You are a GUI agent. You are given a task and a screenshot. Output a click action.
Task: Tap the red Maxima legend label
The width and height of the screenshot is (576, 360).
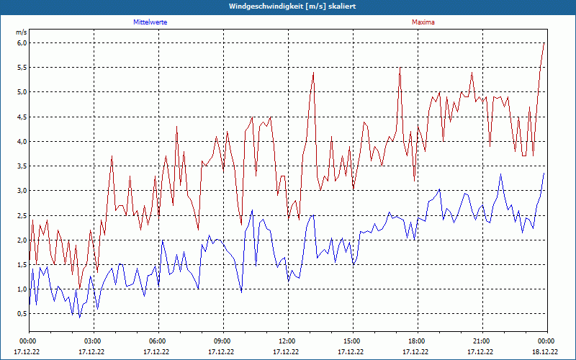(423, 22)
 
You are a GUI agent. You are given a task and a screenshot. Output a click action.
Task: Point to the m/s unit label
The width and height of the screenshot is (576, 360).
(21, 32)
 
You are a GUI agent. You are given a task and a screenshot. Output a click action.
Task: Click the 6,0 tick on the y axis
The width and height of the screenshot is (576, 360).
(22, 42)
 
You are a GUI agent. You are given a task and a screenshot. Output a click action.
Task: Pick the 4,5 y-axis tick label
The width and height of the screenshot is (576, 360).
(22, 117)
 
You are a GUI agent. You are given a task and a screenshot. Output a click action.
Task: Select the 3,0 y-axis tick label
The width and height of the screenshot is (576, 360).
(22, 191)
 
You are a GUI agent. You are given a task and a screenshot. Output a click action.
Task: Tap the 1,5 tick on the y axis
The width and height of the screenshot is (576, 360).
(22, 265)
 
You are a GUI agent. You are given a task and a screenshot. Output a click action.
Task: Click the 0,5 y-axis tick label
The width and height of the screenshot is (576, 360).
(22, 314)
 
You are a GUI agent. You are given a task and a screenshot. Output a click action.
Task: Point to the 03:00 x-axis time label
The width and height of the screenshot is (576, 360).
(93, 341)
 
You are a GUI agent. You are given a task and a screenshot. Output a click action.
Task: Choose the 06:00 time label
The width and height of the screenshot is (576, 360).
(158, 341)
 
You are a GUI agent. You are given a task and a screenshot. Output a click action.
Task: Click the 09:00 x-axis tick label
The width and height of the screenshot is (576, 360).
(222, 341)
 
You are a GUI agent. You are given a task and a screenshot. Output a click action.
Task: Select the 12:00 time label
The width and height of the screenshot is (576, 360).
(287, 341)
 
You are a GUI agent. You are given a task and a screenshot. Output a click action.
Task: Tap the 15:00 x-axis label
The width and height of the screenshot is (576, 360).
(352, 341)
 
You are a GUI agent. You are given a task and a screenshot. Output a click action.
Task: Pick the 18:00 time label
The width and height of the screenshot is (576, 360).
(417, 341)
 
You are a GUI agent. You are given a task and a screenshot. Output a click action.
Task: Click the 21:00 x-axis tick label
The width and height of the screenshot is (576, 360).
(482, 341)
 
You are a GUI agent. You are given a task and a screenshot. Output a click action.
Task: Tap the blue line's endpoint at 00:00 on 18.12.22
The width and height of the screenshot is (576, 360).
(544, 174)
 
